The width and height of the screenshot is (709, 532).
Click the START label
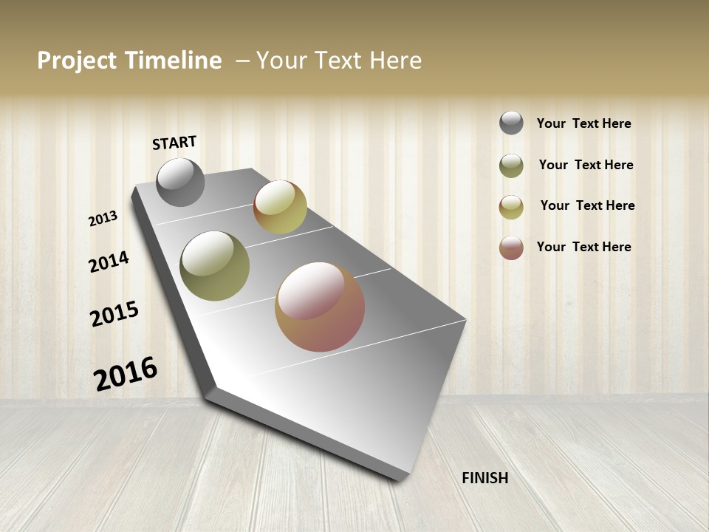click(174, 143)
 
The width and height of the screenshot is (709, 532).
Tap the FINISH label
click(484, 478)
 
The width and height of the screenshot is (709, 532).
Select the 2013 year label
click(103, 218)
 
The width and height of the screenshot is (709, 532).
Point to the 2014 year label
click(109, 262)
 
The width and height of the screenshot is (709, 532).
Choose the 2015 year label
click(114, 314)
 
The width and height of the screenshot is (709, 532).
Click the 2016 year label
click(126, 374)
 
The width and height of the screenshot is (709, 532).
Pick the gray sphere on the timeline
click(180, 183)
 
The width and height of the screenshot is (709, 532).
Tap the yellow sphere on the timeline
click(280, 207)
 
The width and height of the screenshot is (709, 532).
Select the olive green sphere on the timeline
click(214, 266)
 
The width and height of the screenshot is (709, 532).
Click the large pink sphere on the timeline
click(320, 307)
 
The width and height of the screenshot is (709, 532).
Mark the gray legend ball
click(511, 123)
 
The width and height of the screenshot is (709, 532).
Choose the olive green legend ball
click(511, 166)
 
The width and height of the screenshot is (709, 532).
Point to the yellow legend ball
click(511, 207)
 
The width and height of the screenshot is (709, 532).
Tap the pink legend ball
click(511, 248)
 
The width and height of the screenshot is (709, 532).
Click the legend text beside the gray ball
click(583, 123)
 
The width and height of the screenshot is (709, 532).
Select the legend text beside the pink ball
click(583, 247)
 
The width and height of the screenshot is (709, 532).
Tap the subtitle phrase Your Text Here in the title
click(339, 61)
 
